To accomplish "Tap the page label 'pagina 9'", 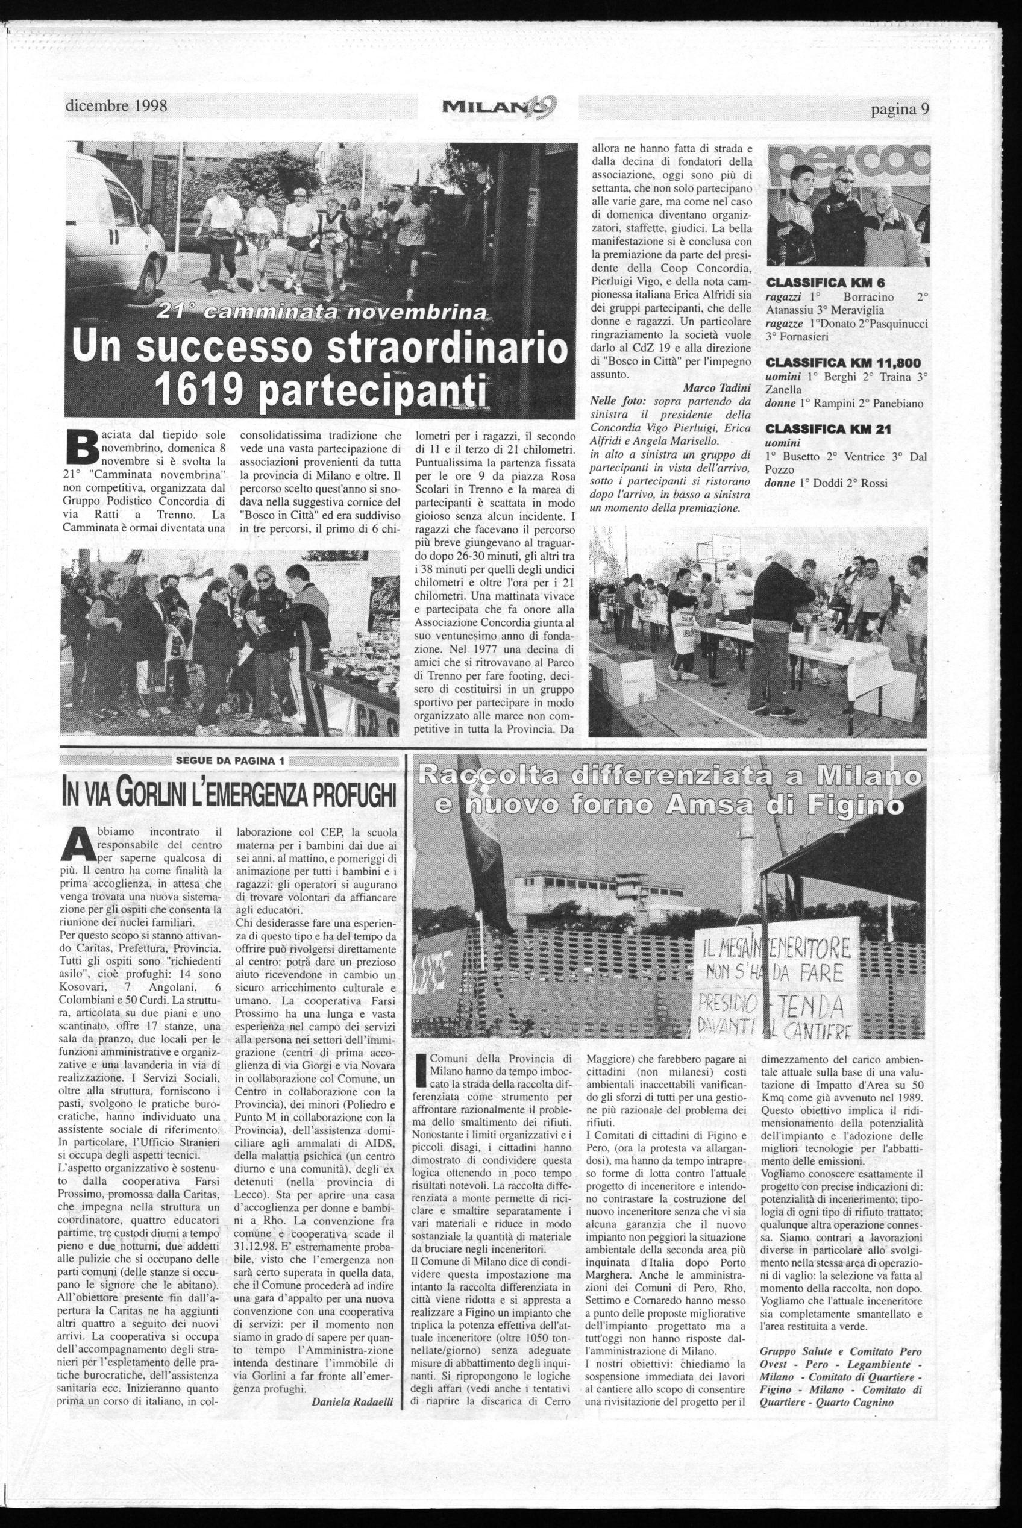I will [899, 109].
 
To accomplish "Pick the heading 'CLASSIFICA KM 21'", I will [819, 430].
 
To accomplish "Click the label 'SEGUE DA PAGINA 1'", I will [231, 761].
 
